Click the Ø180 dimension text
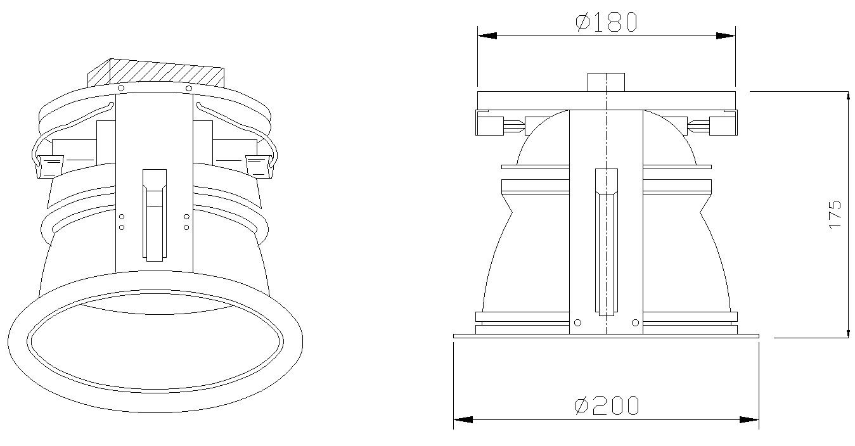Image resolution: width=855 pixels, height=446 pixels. [x=605, y=23]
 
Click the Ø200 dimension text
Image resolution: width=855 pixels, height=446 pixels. [x=606, y=405]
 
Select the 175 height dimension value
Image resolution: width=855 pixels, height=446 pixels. [x=835, y=214]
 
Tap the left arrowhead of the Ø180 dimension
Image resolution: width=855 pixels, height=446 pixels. [x=487, y=36]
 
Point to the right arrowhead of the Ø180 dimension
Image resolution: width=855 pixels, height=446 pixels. [x=726, y=36]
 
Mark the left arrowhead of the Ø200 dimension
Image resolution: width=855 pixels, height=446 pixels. [x=463, y=419]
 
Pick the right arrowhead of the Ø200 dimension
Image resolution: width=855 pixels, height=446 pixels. [x=749, y=419]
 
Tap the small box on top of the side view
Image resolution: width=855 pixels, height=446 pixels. [x=606, y=82]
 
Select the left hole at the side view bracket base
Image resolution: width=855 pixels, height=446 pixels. [x=577, y=323]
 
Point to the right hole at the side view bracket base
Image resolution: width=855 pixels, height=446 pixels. [x=635, y=323]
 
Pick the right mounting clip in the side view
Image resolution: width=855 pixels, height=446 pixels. [x=722, y=124]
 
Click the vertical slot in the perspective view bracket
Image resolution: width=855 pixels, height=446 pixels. [x=154, y=215]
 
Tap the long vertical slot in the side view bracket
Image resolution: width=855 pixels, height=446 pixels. [x=606, y=242]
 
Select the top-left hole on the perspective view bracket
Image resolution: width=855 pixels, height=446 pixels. [x=120, y=87]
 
